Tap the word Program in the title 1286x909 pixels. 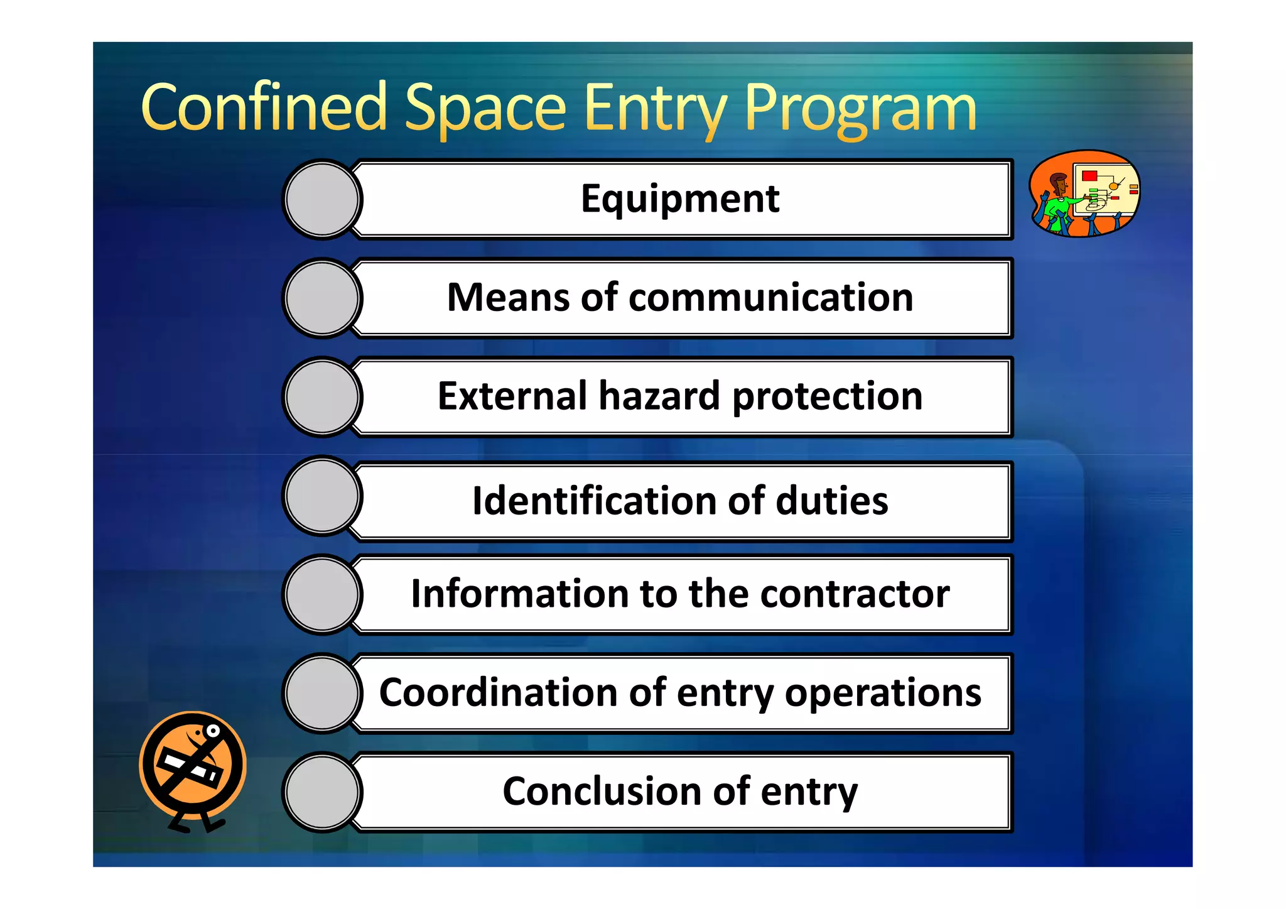[860, 108]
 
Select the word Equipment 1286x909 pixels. [680, 199]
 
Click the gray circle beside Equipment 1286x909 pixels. [322, 199]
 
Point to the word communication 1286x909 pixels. [770, 297]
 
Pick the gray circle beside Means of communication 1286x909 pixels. [322, 298]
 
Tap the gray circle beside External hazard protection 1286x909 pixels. [322, 397]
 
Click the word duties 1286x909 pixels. [832, 501]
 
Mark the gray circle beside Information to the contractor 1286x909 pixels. [322, 594]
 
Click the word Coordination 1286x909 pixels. [499, 692]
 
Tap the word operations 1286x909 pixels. [883, 694]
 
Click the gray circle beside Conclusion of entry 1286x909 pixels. [322, 792]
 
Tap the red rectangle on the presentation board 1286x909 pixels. [1089, 175]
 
